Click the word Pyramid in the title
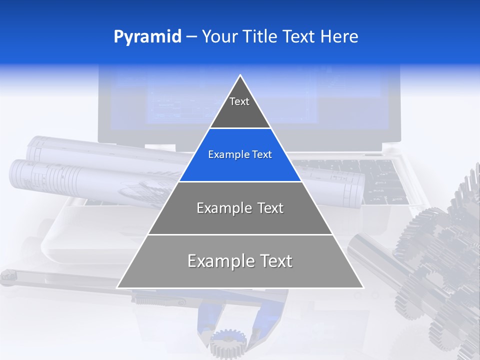pyautogui.click(x=147, y=37)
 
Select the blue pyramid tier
pyautogui.click(x=240, y=155)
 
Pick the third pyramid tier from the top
pyautogui.click(x=240, y=208)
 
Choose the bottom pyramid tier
pyautogui.click(x=240, y=261)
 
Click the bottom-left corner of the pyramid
pyautogui.click(x=118, y=287)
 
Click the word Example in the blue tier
pyautogui.click(x=224, y=155)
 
